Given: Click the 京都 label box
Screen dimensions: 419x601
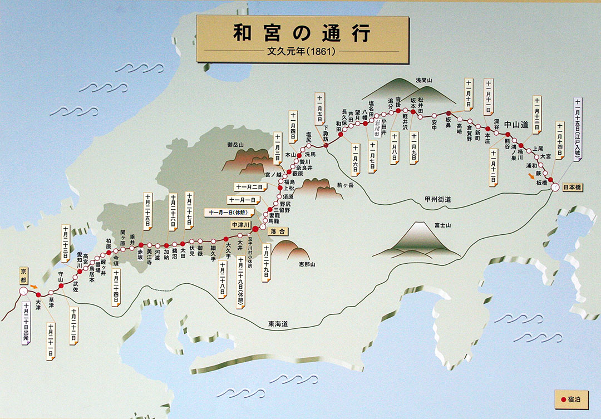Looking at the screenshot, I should pos(23,275).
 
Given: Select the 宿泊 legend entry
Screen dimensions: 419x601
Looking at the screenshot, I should pos(573,400).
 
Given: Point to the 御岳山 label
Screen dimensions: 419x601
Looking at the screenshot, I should pos(236,145).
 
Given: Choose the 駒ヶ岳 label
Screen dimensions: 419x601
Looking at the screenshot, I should pos(346,184).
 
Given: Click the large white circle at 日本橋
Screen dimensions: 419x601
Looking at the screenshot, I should pos(555,187).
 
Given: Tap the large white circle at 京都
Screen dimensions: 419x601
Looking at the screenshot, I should pos(23,291).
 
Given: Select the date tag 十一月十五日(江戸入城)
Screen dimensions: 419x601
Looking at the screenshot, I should pos(578,129).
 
